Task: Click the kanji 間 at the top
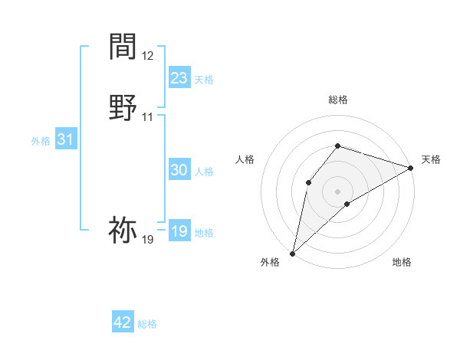[x=123, y=47]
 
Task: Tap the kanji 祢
[x=123, y=230]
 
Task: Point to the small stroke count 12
[x=147, y=56]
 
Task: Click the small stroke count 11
[x=147, y=117]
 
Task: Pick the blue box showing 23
[x=179, y=78]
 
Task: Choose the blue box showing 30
[x=179, y=171]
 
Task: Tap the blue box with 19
[x=179, y=231]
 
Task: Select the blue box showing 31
[x=65, y=139]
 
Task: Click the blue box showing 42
[x=123, y=322]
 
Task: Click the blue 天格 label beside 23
[x=204, y=80]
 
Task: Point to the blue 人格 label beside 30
[x=204, y=172]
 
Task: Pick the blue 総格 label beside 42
[x=147, y=324]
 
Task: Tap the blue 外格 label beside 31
[x=40, y=141]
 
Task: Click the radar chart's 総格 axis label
[x=338, y=100]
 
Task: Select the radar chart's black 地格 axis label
[x=402, y=262]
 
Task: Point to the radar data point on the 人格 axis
[x=308, y=182]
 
